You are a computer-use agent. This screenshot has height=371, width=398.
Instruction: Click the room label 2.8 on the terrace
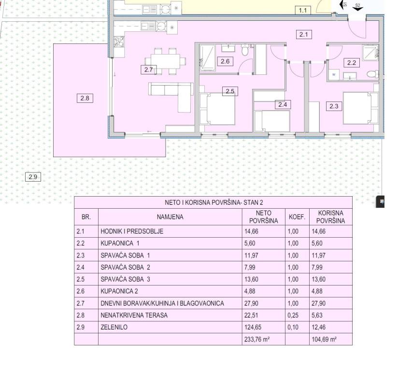click(x=85, y=98)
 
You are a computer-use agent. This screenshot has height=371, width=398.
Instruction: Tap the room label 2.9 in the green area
click(x=33, y=177)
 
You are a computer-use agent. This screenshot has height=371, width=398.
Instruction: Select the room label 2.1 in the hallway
click(x=304, y=34)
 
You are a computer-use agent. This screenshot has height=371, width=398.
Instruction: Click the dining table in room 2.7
click(x=165, y=61)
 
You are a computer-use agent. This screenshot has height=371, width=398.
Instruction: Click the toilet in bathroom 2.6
click(x=245, y=50)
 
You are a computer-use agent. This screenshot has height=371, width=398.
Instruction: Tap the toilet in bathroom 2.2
click(x=372, y=74)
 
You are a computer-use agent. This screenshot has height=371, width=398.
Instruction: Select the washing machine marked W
click(x=334, y=74)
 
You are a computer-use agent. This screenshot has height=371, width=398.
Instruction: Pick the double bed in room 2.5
click(x=217, y=109)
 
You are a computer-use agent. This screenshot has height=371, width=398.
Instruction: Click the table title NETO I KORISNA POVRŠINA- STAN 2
click(x=213, y=202)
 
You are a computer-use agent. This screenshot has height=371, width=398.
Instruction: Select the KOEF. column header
click(x=297, y=217)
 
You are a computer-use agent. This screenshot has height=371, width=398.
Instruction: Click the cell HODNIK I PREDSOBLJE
click(x=132, y=231)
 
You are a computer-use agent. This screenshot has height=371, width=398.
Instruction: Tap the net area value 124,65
click(x=253, y=327)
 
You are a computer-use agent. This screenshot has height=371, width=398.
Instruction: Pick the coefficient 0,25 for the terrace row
click(x=293, y=315)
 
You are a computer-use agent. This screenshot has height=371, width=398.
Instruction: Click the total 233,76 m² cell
click(x=257, y=339)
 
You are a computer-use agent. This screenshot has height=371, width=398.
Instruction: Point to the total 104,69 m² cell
click(x=324, y=339)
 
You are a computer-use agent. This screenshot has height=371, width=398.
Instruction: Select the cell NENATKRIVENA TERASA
click(x=134, y=315)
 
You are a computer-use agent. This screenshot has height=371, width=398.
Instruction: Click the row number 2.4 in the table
click(x=81, y=267)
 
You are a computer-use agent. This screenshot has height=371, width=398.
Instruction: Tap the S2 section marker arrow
click(x=357, y=8)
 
